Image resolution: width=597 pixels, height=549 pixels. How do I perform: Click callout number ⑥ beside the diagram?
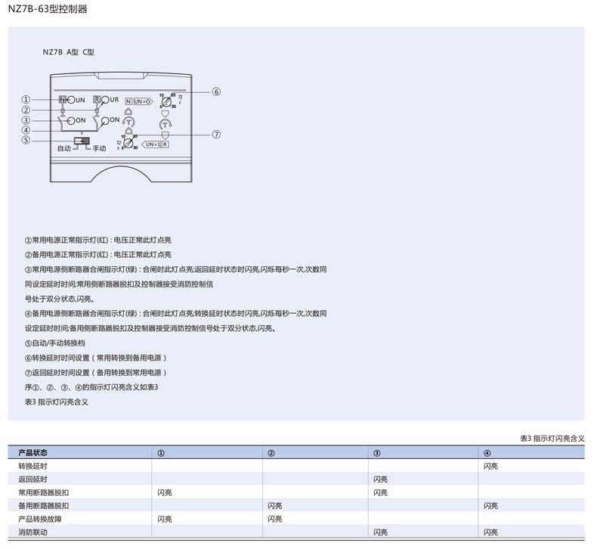216,92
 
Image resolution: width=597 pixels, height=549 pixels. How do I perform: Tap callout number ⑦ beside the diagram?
216,135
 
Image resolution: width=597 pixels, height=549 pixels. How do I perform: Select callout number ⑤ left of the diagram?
26,140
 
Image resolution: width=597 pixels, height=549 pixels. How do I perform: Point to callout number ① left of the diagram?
26,100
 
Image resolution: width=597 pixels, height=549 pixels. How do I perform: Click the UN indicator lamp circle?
70,100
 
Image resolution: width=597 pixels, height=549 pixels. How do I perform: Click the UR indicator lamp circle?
105,100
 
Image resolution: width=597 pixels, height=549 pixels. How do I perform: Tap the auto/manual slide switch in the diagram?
82,141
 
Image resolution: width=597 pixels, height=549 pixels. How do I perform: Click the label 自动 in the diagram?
64,149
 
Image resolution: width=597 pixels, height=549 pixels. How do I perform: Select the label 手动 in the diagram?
99,149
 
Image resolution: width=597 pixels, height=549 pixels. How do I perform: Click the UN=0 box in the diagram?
143,101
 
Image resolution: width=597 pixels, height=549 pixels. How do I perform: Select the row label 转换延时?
32,466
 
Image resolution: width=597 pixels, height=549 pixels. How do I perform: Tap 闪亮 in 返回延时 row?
380,479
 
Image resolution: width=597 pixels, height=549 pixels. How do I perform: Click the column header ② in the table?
271,452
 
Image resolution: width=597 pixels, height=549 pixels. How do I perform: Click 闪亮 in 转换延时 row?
490,466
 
